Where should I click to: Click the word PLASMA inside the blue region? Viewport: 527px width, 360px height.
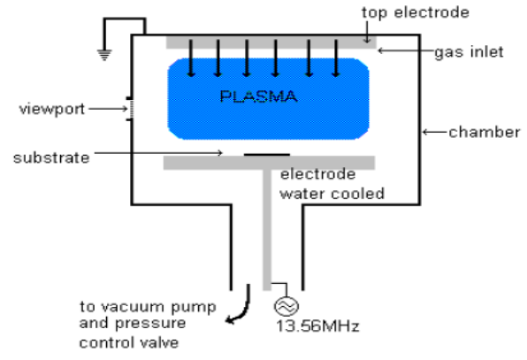pos(258,96)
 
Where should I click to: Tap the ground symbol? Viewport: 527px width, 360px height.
pos(104,55)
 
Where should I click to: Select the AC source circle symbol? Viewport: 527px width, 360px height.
pos(286,306)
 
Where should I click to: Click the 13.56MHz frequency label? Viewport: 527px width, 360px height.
pos(317,326)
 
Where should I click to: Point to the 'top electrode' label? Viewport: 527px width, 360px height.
pos(416,12)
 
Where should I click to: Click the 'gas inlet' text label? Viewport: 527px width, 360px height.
pos(469,52)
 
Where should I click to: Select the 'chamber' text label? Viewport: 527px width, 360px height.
pos(485,132)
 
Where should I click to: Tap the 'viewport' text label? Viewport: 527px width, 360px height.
pos(52,110)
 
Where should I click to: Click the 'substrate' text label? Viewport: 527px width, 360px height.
pos(51,157)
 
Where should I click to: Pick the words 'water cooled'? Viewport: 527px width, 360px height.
pos(332,194)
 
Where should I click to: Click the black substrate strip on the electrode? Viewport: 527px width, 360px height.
pos(267,155)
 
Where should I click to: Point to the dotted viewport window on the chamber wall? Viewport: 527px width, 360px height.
pos(131,109)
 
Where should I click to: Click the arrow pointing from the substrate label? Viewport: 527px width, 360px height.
pos(158,153)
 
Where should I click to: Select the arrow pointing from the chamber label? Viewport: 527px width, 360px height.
pos(434,132)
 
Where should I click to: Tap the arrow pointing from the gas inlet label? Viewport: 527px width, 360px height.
pos(405,50)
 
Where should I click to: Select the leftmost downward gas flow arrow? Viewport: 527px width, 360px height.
pos(191,58)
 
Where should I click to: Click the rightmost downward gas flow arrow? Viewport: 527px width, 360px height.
pos(336,58)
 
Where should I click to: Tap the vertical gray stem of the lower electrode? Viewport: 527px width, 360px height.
pos(267,230)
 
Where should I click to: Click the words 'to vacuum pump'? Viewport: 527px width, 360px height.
pos(148,307)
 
